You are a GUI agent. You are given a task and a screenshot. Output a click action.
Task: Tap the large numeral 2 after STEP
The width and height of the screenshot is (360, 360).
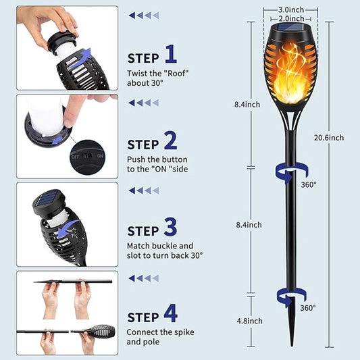170,140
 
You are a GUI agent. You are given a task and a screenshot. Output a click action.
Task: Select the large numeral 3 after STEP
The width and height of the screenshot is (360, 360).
171,226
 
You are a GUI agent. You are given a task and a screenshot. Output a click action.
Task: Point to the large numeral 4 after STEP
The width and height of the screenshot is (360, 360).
171,313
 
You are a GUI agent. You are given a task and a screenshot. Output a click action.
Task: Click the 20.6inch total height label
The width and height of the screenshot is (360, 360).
329,138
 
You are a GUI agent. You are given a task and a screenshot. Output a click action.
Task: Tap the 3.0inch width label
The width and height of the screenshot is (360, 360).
290,10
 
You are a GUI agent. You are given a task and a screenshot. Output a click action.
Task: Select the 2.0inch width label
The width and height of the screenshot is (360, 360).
290,18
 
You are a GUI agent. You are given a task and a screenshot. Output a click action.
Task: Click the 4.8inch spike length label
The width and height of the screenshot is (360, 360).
250,321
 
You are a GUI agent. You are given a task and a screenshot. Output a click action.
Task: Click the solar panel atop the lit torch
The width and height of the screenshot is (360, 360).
290,31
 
